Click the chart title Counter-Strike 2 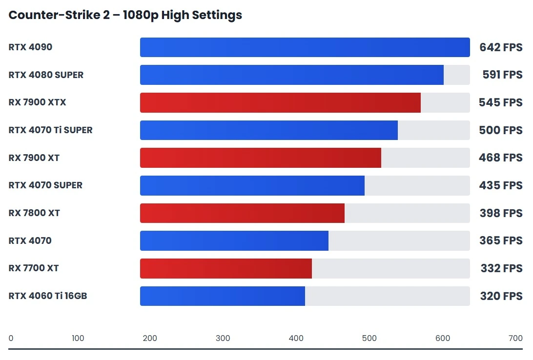pyautogui.click(x=125, y=15)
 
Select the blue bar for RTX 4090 pyautogui.click(x=305, y=47)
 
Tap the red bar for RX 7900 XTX pyautogui.click(x=280, y=102)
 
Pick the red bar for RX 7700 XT pyautogui.click(x=225, y=268)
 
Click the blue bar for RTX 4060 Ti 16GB pyautogui.click(x=222, y=296)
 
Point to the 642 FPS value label pyautogui.click(x=500, y=47)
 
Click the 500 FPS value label pyautogui.click(x=500, y=130)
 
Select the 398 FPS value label pyautogui.click(x=500, y=213)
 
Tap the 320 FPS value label pyautogui.click(x=501, y=296)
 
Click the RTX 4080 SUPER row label pyautogui.click(x=46, y=75)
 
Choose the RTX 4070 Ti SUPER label pyautogui.click(x=50, y=130)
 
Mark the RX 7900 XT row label pyautogui.click(x=34, y=158)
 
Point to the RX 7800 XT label pyautogui.click(x=34, y=213)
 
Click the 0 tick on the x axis pyautogui.click(x=11, y=339)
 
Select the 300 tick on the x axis pyautogui.click(x=223, y=339)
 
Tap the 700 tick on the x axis pyautogui.click(x=515, y=339)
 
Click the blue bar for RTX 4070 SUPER pyautogui.click(x=252, y=185)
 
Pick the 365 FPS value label pyautogui.click(x=500, y=240)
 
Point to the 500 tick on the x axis pyautogui.click(x=369, y=339)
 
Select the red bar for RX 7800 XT pyautogui.click(x=242, y=213)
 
